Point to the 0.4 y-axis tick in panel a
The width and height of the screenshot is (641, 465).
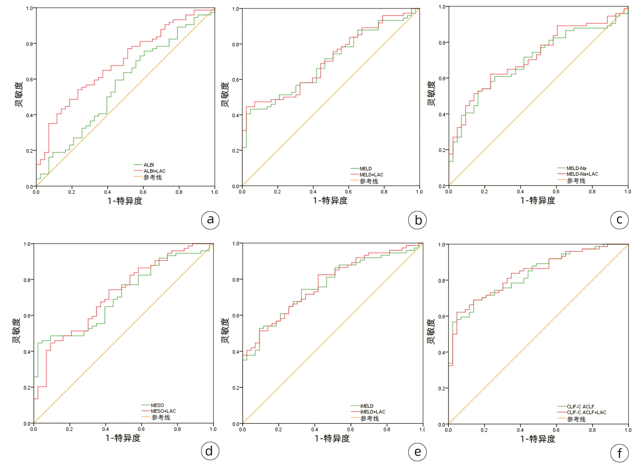(x=29, y=115)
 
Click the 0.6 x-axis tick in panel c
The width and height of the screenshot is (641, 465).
(x=556, y=191)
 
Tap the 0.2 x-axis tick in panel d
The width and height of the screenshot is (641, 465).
(x=69, y=429)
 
